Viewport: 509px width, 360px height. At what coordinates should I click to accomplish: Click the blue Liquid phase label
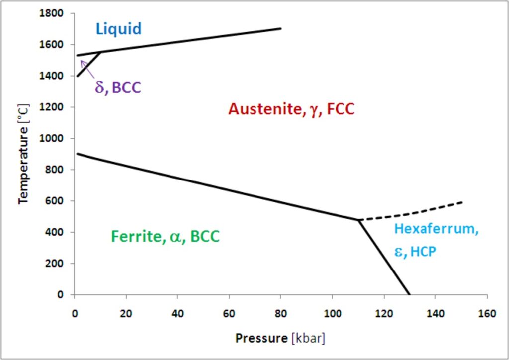tap(119, 28)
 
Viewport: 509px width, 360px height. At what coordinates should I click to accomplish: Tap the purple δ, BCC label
tap(118, 88)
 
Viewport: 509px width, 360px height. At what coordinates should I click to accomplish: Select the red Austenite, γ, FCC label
tap(291, 109)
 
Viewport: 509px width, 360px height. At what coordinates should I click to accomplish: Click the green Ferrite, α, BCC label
tap(165, 236)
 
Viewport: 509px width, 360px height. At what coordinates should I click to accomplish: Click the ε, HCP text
tap(415, 252)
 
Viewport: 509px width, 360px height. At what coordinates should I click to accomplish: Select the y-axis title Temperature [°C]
tap(23, 154)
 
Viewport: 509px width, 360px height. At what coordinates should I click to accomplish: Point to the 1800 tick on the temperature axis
tap(53, 13)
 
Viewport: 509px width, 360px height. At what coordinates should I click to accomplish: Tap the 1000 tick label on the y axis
tap(53, 138)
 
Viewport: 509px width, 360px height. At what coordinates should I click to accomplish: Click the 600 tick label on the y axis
tap(55, 201)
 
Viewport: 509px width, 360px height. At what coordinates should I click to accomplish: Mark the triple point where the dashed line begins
tap(358, 220)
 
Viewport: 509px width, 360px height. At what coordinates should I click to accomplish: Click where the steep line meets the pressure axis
tap(410, 294)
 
